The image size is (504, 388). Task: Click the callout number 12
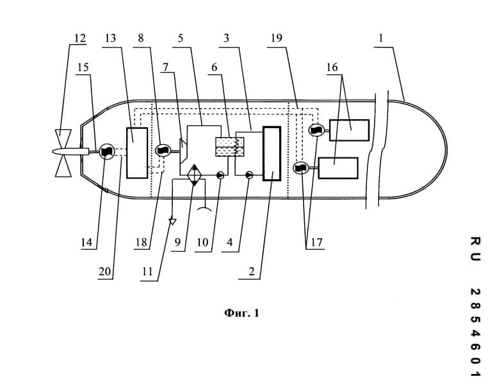(x=80, y=38)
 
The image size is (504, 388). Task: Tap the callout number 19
(x=277, y=38)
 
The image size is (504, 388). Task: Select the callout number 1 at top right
(x=381, y=38)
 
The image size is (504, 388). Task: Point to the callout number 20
(x=105, y=271)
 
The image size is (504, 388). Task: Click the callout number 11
(x=147, y=271)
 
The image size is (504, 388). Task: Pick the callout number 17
(x=316, y=242)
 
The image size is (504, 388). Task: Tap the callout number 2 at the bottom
(x=251, y=271)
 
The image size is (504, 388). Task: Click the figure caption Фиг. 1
(x=241, y=313)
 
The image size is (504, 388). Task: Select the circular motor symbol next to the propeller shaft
(x=106, y=151)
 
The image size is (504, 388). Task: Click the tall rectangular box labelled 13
(x=137, y=152)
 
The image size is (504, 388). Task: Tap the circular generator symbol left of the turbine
(x=163, y=150)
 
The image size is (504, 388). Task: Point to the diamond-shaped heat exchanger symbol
(x=195, y=175)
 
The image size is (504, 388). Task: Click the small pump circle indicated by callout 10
(x=220, y=175)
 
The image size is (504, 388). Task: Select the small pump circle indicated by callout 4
(x=249, y=175)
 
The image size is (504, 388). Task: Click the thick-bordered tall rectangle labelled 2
(x=272, y=154)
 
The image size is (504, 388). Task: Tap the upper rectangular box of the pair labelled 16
(x=349, y=130)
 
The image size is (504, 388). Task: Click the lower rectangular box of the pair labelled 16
(x=338, y=168)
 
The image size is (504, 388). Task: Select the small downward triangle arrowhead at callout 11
(x=173, y=222)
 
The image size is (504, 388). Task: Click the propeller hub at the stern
(x=70, y=152)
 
